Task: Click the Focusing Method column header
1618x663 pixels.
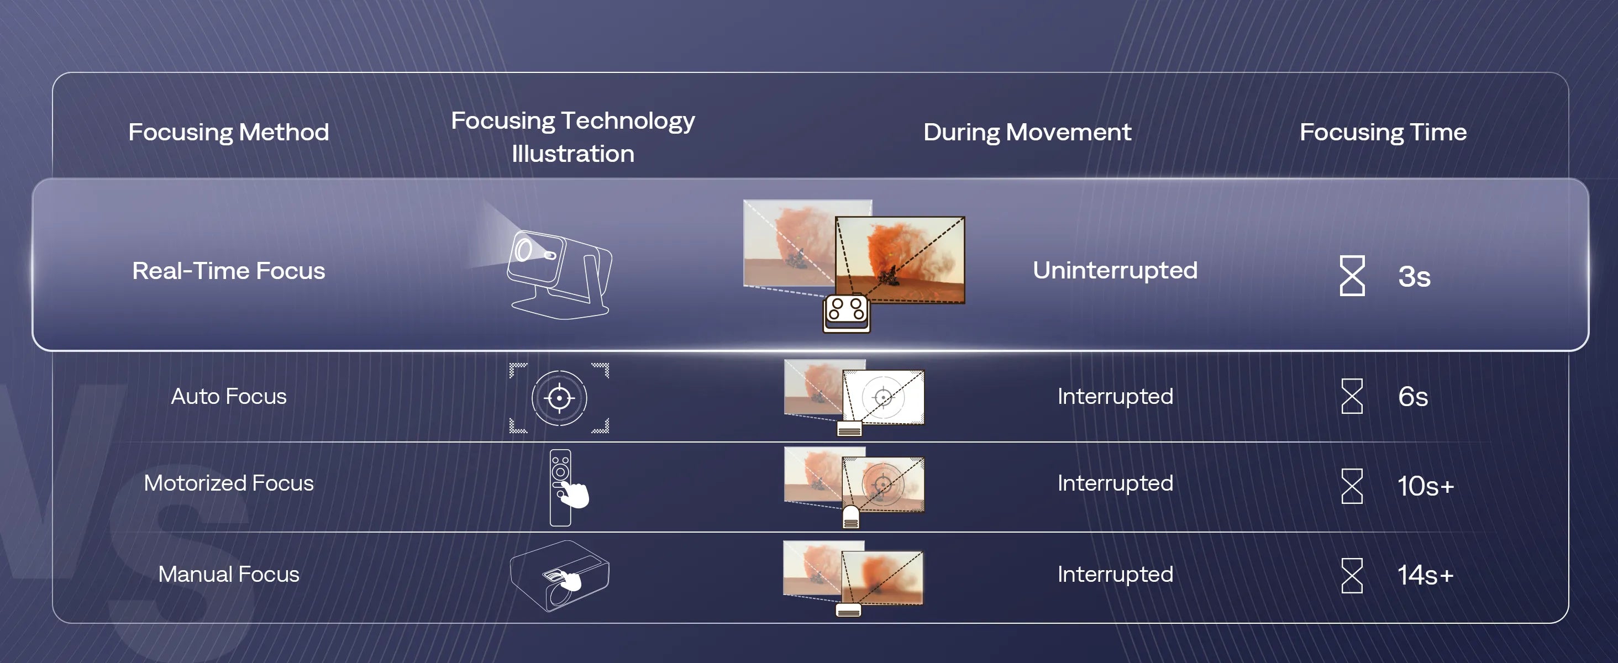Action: coord(229,133)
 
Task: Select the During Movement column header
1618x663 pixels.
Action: coord(1028,133)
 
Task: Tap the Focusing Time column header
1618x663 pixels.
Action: coord(1383,133)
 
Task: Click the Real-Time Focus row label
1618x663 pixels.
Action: coord(229,271)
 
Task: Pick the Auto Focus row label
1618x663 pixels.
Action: coord(229,396)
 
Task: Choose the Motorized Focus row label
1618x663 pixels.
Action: coord(229,483)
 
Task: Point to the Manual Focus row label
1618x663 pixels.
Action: coord(229,574)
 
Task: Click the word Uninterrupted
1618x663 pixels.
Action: coord(1115,271)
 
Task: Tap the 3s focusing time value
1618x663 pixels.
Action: coord(1415,276)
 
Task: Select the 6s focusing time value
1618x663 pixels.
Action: coord(1413,396)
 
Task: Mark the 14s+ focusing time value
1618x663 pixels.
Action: coord(1426,575)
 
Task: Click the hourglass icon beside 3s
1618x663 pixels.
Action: coord(1352,275)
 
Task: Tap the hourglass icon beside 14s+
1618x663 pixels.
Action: coord(1352,575)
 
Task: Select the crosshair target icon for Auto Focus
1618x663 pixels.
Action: coord(559,398)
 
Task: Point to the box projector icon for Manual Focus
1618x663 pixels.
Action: coord(559,576)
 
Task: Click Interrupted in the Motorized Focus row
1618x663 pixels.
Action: coord(1115,483)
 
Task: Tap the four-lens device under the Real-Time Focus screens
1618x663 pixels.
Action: coord(847,313)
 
